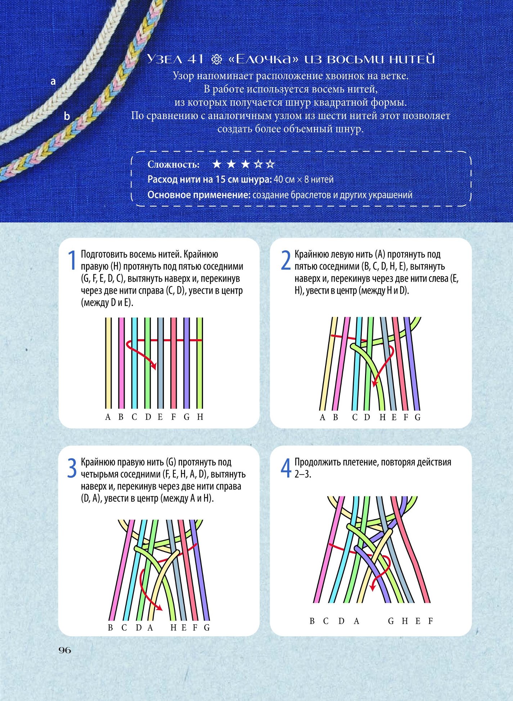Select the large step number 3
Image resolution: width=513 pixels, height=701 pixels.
pos(72,468)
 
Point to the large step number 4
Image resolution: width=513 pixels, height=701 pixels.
pos(286,468)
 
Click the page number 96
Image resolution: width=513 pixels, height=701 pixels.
pos(65,650)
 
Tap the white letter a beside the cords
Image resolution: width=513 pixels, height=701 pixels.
pos(53,82)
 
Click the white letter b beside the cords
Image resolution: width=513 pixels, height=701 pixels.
pos(67,116)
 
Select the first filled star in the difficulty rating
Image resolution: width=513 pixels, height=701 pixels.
pos(217,164)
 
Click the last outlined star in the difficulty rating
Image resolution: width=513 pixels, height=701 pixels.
pos(270,164)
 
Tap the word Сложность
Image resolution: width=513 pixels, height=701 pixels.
pos(174,165)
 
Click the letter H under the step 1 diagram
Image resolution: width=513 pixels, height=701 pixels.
pos(200,417)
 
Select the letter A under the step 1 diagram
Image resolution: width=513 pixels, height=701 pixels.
pos(108,417)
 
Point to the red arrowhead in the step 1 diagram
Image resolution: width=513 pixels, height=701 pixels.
pos(154,367)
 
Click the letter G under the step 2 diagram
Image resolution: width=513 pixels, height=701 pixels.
pos(418,417)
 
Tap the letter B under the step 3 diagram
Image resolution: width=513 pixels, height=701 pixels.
pos(111,628)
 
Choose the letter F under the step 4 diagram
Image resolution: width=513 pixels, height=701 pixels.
pos(431,621)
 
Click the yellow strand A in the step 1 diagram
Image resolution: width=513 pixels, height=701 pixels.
pos(108,363)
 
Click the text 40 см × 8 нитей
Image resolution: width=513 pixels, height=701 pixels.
pos(303,179)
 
